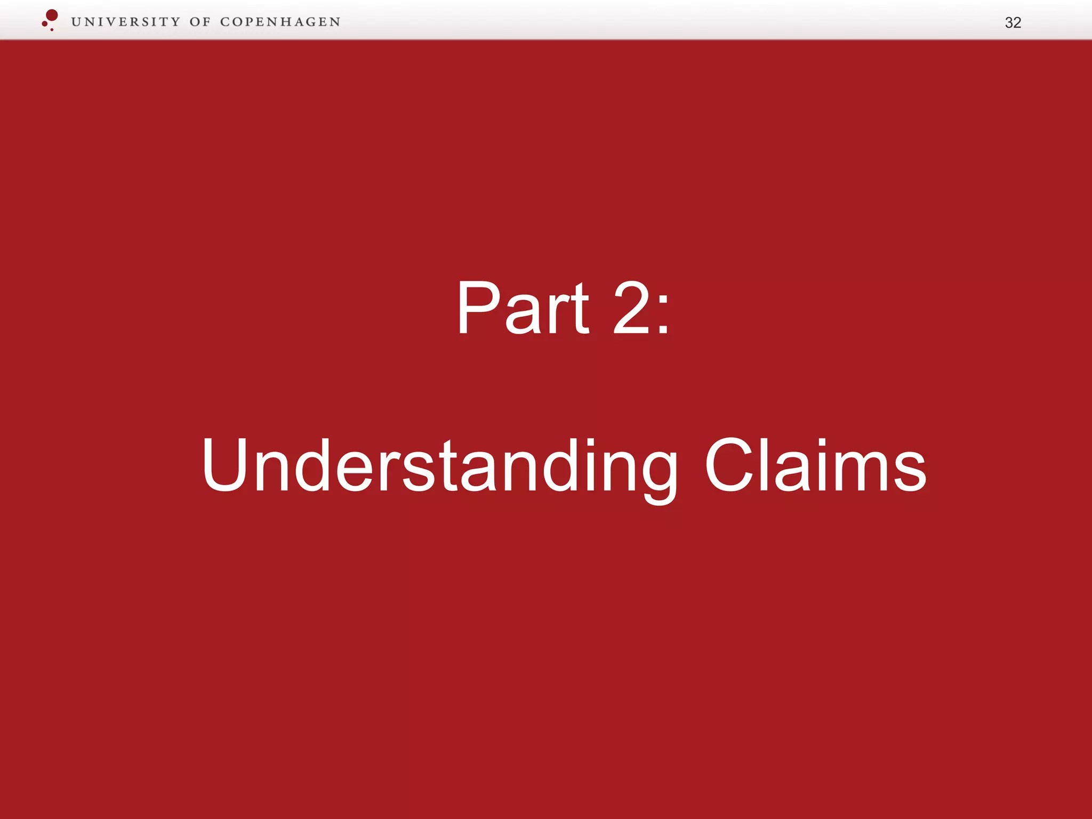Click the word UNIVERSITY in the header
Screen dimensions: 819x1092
(x=126, y=22)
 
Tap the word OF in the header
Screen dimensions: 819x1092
(x=200, y=22)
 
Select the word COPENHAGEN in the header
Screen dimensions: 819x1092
(x=280, y=22)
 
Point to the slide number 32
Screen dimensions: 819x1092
(x=1013, y=22)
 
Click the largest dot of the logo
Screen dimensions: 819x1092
(x=52, y=15)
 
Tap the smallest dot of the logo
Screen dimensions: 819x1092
(x=52, y=29)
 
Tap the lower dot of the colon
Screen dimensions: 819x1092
(x=663, y=330)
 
